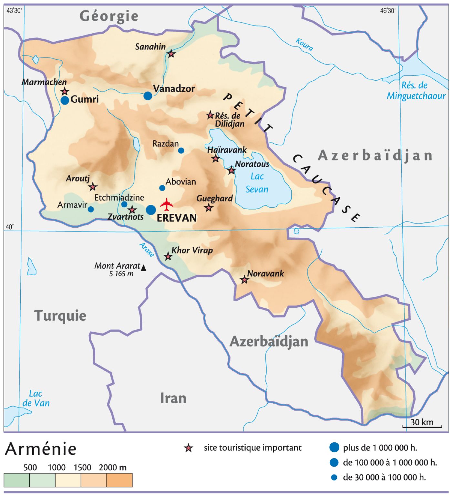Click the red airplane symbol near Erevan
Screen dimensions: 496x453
pos(167,204)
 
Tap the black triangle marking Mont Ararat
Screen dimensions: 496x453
pos(144,268)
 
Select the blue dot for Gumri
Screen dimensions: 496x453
pos(65,100)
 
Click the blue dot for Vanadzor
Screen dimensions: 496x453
pos(148,96)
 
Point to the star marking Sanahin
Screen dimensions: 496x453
pos(171,54)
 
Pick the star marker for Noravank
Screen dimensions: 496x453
pos(244,280)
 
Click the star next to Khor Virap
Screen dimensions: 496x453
pos(168,257)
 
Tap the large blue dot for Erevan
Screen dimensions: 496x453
pos(151,210)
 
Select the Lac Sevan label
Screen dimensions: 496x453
pos(257,183)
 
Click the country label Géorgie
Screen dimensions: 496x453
pos(109,16)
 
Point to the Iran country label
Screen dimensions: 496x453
pos(173,398)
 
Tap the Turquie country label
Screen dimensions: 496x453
pos(60,315)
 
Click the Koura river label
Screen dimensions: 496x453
pos(304,45)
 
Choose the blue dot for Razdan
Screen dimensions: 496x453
pos(181,150)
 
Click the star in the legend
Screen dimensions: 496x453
pos(189,448)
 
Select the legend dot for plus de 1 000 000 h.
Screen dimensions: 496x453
pos(334,448)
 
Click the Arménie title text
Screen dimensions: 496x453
pos(41,449)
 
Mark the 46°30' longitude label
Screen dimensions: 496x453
pos(387,11)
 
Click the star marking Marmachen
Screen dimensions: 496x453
pos(65,91)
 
